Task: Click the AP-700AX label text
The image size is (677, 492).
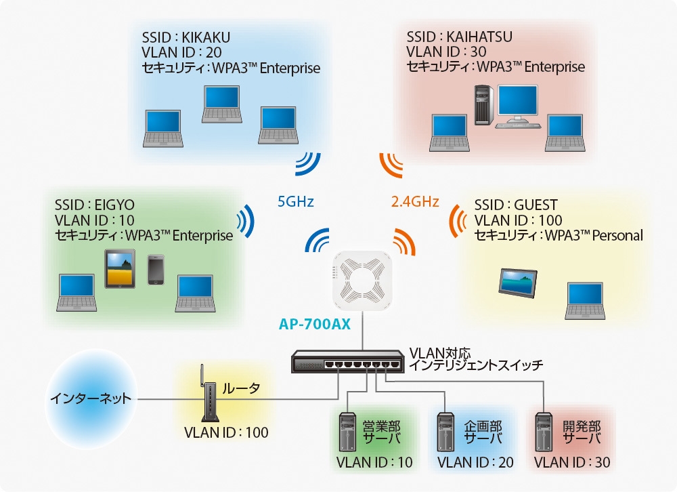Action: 314,324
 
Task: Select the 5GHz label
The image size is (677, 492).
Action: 296,201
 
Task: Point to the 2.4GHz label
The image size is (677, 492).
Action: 415,201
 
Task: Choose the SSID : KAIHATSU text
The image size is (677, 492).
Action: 460,36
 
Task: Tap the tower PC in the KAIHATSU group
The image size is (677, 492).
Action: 483,105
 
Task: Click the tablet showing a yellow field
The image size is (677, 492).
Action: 121,268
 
